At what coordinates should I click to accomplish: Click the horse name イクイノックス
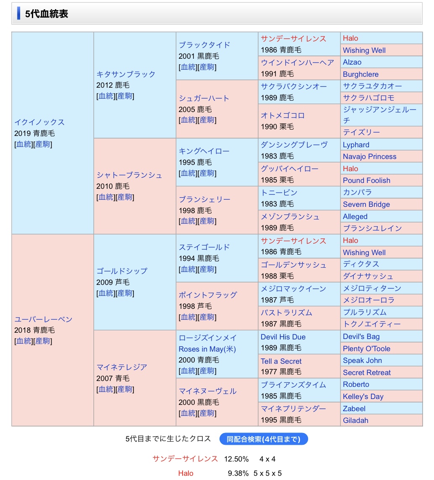pos(39,122)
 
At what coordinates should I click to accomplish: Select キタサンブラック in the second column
pos(126,74)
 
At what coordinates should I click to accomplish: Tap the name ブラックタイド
pos(204,45)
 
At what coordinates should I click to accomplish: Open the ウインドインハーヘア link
pos(297,63)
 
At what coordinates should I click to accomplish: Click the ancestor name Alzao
pos(352,62)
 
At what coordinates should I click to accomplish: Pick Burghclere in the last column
pos(361,74)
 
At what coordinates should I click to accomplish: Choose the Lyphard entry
pos(356,145)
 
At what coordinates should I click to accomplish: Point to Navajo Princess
pos(369,157)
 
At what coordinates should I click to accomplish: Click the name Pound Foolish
pos(366,180)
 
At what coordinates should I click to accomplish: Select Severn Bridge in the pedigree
pos(366,204)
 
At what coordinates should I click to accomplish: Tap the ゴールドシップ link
pos(122,271)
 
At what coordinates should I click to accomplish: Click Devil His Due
pos(283,337)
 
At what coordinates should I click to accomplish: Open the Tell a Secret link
pos(281,361)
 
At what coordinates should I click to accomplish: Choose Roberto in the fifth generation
pos(356,384)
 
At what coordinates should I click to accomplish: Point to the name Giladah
pos(356,420)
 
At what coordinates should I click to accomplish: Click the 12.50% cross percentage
pos(236,459)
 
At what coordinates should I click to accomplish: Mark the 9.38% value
pos(238,473)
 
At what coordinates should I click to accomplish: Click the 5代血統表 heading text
pos(47,14)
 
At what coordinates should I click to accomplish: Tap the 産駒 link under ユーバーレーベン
pos(42,341)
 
